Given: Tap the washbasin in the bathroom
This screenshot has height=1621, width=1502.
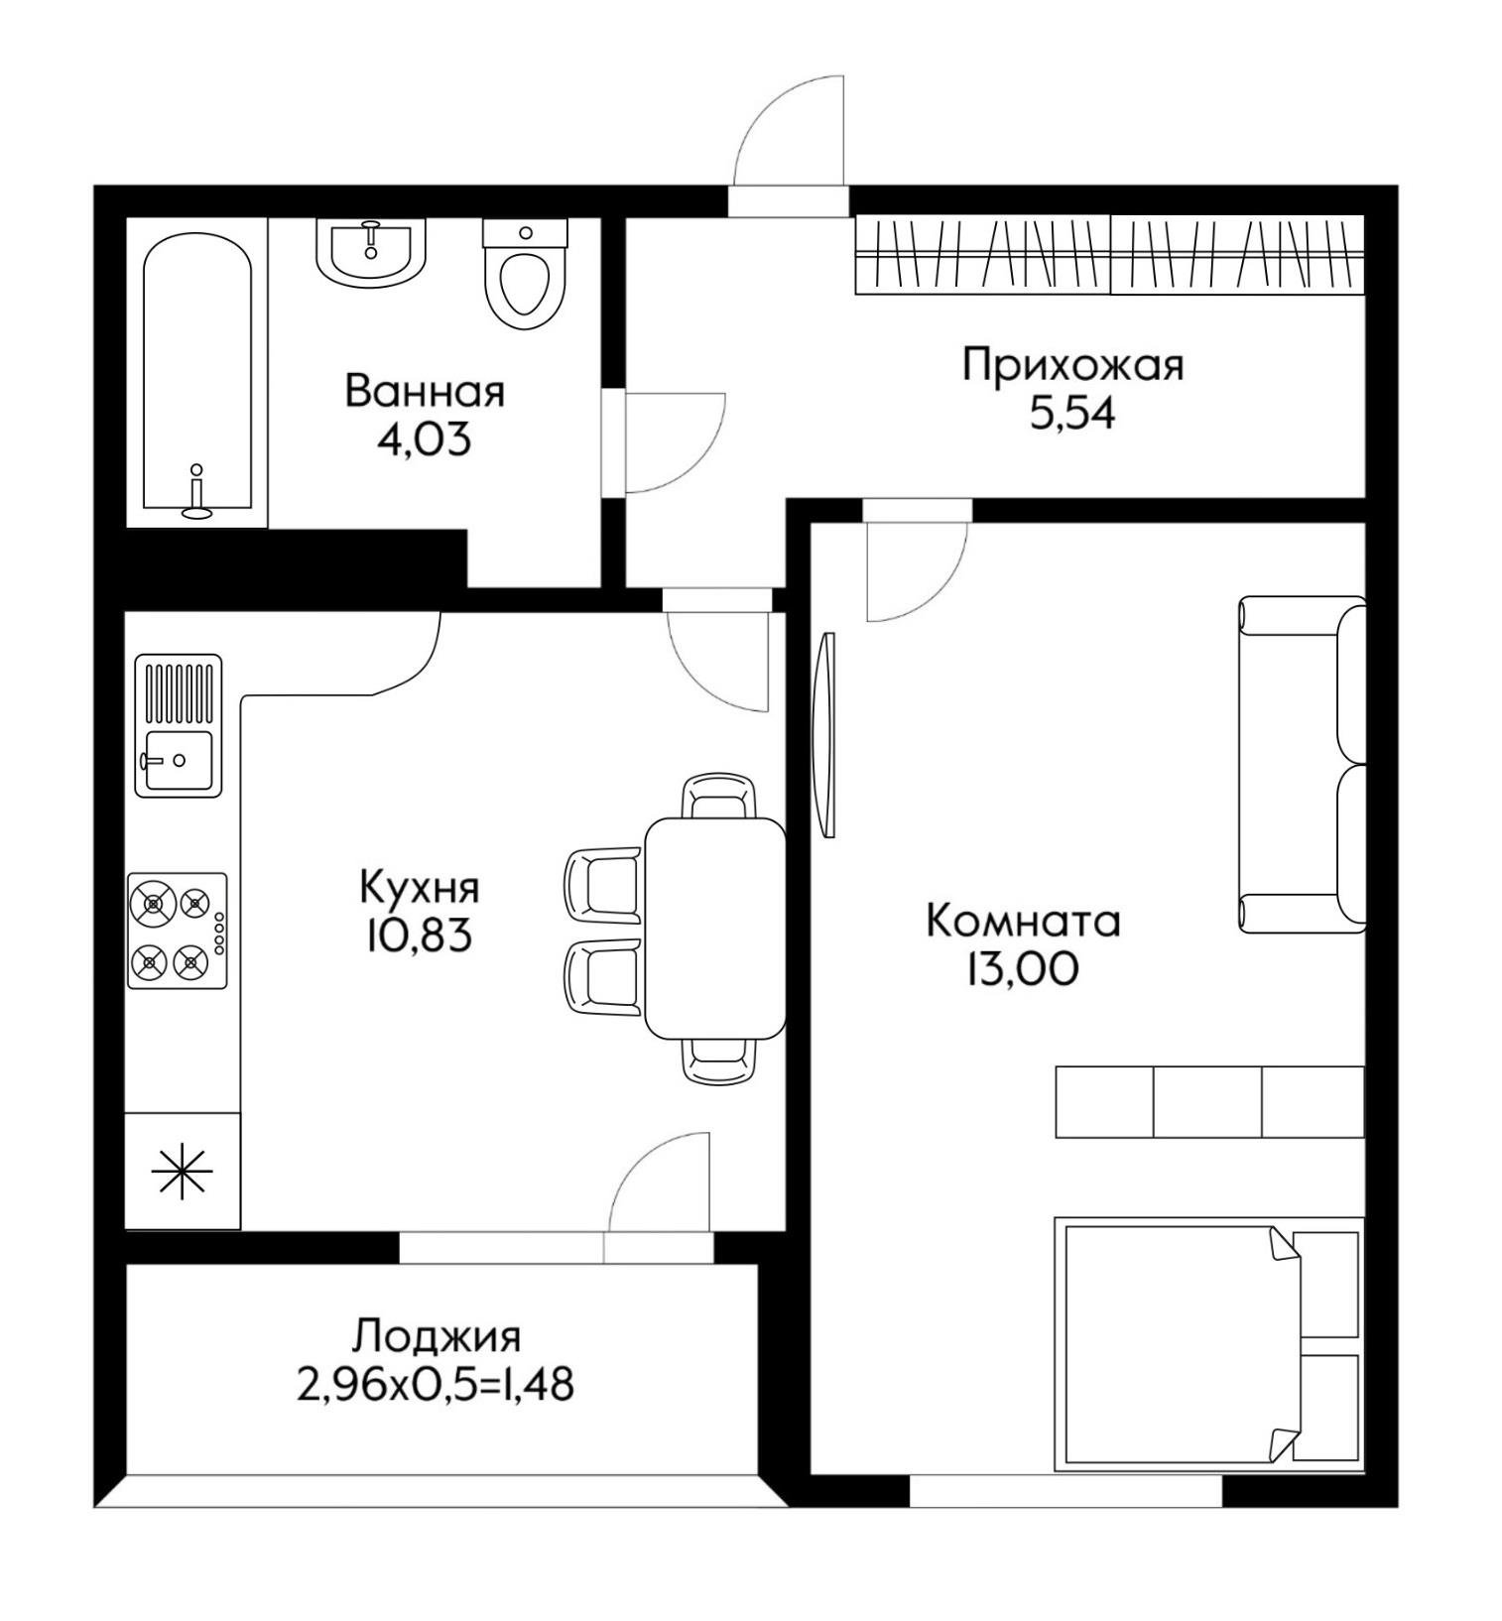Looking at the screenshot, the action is click(371, 251).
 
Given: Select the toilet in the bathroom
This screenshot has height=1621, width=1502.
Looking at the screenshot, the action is click(525, 275).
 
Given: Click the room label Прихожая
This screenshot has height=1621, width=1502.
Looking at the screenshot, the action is click(1072, 366).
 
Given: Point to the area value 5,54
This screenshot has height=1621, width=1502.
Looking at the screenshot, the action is click(1072, 413).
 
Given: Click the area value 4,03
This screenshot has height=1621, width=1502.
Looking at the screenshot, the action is click(424, 438).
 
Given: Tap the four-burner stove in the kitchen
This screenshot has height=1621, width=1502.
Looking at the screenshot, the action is click(178, 931).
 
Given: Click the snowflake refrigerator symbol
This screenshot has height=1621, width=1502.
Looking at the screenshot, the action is click(182, 1171).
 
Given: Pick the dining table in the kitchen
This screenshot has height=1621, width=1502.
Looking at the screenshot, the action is click(714, 928).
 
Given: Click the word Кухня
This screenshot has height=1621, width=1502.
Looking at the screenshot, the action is click(419, 888).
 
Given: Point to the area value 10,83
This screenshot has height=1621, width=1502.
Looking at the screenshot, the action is click(417, 935).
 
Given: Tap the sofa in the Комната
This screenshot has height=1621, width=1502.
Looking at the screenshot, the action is click(1302, 764).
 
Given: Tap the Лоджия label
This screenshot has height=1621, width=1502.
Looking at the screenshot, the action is click(436, 1337).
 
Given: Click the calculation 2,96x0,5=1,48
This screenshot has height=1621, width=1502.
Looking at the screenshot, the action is click(436, 1386).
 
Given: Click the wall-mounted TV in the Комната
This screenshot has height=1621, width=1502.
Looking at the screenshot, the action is click(823, 734).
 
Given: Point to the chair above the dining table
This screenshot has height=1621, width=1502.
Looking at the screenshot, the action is click(719, 797).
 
